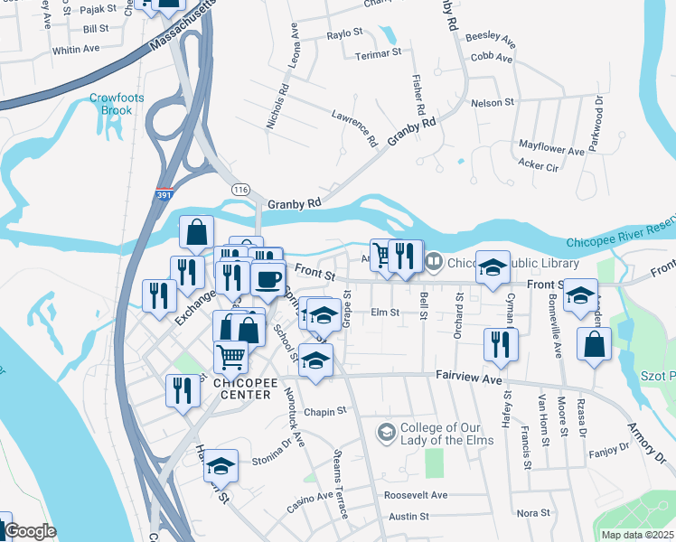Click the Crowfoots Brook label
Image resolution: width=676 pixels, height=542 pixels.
(x=110, y=105)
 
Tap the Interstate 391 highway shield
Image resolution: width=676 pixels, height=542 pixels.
(x=164, y=194)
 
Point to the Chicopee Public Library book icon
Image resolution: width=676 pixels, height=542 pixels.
(x=434, y=263)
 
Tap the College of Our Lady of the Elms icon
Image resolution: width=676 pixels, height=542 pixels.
(x=386, y=433)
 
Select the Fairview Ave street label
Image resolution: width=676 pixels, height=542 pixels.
(x=468, y=380)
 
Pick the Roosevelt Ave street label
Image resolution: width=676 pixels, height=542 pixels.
(x=416, y=495)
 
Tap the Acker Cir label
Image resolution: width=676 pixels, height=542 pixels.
(x=539, y=164)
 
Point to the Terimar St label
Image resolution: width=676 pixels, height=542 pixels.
(x=377, y=53)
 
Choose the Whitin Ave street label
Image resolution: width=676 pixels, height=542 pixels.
(x=76, y=50)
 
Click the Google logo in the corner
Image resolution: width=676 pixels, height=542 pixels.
(x=30, y=532)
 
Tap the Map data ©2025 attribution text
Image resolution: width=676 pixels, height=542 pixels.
(x=637, y=535)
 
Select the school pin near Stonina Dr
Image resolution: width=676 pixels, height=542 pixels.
(x=221, y=466)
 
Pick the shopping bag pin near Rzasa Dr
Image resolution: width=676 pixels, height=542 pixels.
(x=594, y=344)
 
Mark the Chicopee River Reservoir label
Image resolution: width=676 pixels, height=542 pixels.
(x=620, y=242)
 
